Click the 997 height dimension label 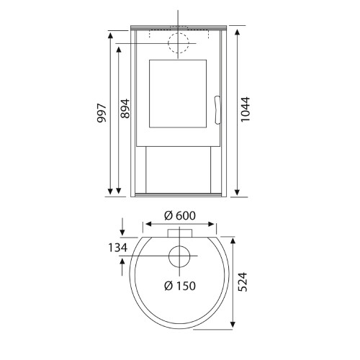tap(102, 113)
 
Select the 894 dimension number tap(125, 109)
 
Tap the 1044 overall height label tap(246, 109)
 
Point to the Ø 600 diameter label tap(180, 215)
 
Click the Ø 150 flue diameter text tap(180, 286)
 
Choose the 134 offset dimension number tap(117, 248)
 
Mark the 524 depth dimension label tap(242, 282)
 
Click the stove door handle tap(217, 110)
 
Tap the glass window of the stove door tap(178, 94)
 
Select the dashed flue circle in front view tap(179, 33)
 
